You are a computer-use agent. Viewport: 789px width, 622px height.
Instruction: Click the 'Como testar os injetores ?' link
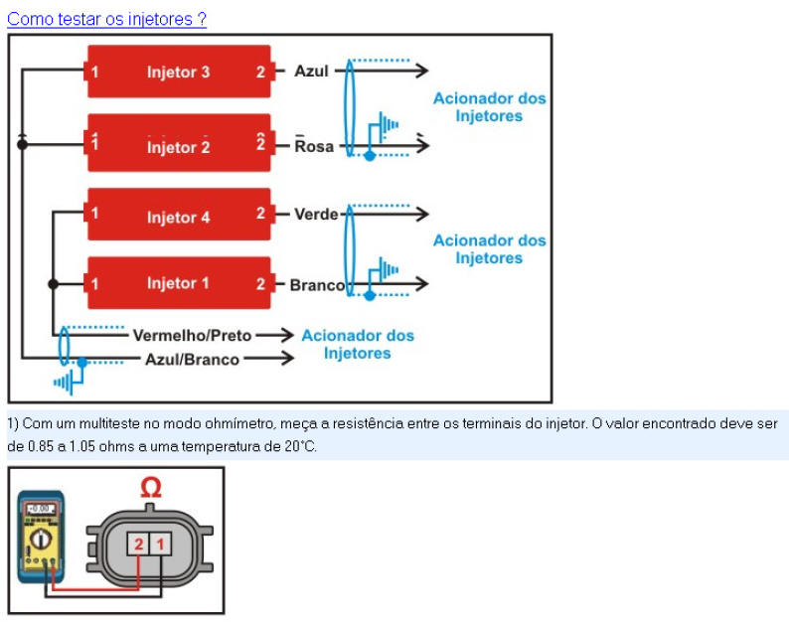(x=106, y=19)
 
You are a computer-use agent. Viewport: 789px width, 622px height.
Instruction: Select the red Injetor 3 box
(x=179, y=72)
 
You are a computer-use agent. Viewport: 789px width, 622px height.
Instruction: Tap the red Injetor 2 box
(x=179, y=146)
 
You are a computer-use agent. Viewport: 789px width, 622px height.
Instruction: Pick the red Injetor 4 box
(x=179, y=215)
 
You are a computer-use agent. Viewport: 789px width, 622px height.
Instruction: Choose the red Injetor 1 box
(x=179, y=283)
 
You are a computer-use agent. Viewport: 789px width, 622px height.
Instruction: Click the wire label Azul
(x=311, y=72)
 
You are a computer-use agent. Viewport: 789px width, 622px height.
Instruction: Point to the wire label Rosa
(x=314, y=146)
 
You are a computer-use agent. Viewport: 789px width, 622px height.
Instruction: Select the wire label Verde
(x=316, y=215)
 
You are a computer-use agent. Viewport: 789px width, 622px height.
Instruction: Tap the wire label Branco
(x=317, y=285)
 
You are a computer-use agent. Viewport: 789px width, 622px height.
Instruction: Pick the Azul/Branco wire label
(x=192, y=359)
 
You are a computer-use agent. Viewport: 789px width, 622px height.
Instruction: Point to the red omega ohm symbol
(x=150, y=488)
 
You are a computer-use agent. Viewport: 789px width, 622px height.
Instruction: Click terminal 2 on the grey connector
(x=138, y=543)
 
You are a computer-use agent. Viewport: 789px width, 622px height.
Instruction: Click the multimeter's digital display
(x=41, y=509)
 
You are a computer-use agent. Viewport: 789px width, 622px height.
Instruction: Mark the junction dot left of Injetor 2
(x=22, y=145)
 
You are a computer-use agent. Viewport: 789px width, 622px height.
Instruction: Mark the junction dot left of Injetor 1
(x=54, y=284)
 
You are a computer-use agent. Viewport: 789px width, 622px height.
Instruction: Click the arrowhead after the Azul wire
(x=423, y=72)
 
